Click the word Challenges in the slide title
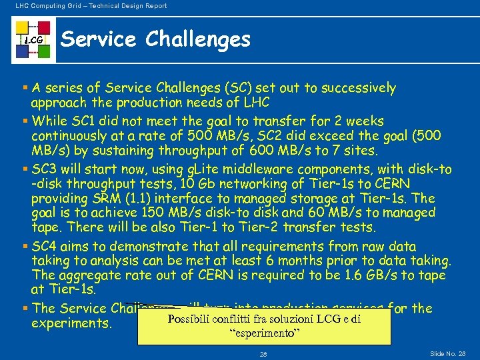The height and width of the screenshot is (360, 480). pos(198,40)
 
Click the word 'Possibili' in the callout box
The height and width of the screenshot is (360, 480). pos(190,319)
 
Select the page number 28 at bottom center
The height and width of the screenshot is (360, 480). pos(263,353)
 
